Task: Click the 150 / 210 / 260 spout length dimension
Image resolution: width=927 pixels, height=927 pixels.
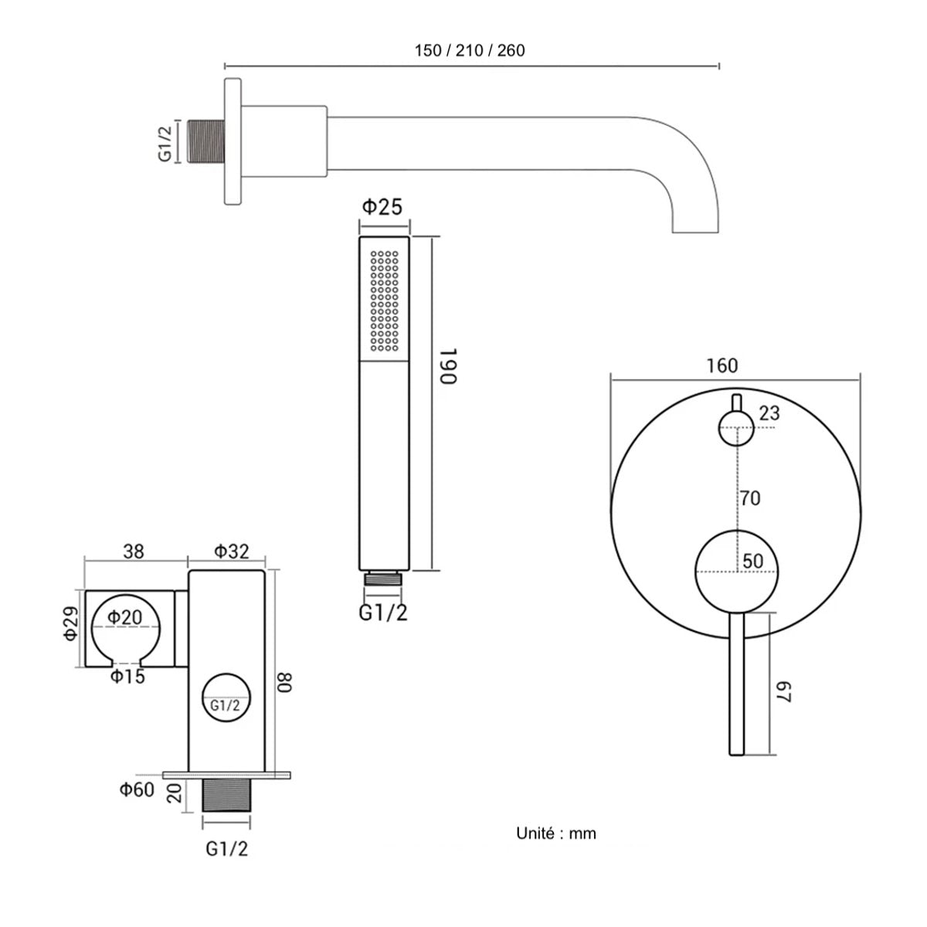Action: (x=470, y=50)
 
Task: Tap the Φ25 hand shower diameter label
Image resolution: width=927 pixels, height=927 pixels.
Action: (x=382, y=207)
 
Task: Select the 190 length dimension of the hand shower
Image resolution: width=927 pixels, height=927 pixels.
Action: (x=448, y=365)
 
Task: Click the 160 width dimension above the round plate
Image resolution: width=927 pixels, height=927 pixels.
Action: (x=722, y=365)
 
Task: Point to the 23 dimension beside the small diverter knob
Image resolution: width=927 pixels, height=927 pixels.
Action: (x=769, y=413)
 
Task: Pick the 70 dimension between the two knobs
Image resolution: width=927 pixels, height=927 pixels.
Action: (x=750, y=498)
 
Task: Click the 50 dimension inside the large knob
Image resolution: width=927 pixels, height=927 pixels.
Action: (x=753, y=561)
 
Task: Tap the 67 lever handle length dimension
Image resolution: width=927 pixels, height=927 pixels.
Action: (x=783, y=691)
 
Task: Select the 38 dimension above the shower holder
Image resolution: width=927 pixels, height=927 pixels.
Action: (x=133, y=552)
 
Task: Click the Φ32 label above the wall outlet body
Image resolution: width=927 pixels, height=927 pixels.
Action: (x=232, y=552)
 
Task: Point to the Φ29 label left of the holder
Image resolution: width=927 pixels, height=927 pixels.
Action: (x=70, y=623)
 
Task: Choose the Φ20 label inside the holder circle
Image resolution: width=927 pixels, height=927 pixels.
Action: (x=124, y=616)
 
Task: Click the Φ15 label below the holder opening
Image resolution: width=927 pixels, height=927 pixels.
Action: (x=127, y=677)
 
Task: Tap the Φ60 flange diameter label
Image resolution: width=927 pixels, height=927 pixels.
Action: (x=137, y=789)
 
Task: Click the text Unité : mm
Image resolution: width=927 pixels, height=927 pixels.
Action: (x=556, y=834)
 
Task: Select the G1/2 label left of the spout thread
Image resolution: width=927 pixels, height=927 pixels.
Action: (x=165, y=143)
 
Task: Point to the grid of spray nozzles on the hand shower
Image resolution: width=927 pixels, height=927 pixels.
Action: (x=385, y=301)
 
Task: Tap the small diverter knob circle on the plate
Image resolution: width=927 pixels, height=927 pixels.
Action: (x=736, y=428)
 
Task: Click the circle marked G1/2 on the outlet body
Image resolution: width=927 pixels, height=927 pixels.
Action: (x=226, y=697)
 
